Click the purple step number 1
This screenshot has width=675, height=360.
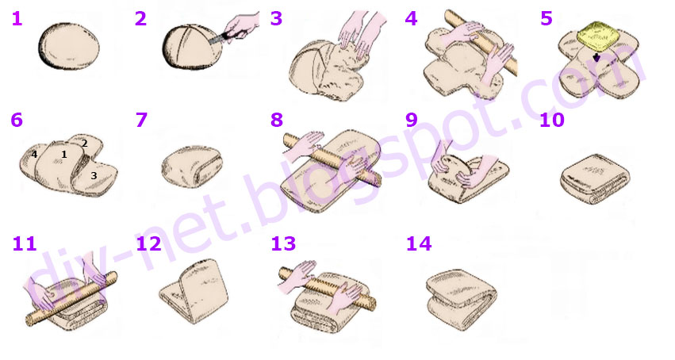[x=17, y=19]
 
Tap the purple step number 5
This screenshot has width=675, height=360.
[x=547, y=19]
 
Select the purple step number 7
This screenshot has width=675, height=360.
[x=141, y=120]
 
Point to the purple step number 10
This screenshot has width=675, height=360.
[x=551, y=120]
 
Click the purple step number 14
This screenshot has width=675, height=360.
[x=419, y=244]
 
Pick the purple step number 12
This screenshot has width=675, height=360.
[x=148, y=244]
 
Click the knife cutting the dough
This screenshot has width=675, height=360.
[x=221, y=37]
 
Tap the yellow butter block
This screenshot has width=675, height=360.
[x=596, y=35]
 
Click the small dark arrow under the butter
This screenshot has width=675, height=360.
[x=596, y=58]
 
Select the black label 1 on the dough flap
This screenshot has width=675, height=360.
[x=64, y=154]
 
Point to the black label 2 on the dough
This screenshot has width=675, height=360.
[x=85, y=144]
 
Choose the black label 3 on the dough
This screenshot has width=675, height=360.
[x=94, y=175]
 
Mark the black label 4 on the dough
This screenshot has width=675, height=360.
[x=34, y=154]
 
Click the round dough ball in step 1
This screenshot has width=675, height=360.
[x=69, y=46]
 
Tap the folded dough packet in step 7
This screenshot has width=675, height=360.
[x=192, y=167]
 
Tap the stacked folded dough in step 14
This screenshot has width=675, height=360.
[x=462, y=299]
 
